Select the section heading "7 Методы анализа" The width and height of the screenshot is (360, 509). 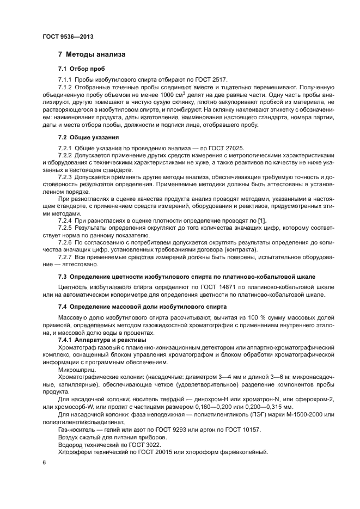pyautogui.click(x=92, y=54)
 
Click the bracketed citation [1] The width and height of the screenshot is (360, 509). pyautogui.click(x=261, y=220)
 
